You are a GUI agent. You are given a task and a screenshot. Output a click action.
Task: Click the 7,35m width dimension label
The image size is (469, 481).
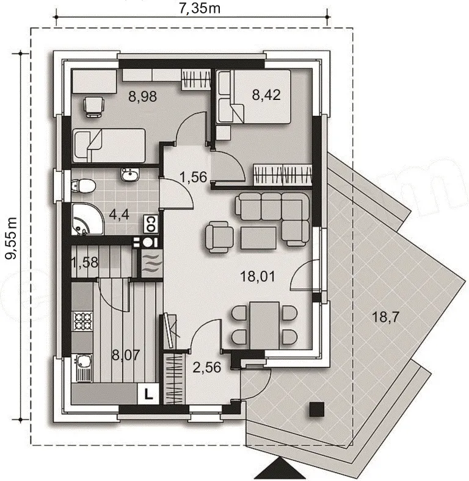[200, 8]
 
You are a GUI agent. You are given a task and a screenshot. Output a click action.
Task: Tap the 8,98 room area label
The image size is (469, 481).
[143, 97]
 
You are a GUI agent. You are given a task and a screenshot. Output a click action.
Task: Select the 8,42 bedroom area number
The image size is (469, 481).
[266, 94]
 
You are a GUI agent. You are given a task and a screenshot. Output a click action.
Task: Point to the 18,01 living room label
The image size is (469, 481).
[258, 277]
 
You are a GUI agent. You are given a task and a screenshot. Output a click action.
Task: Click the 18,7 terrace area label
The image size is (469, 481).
[385, 316]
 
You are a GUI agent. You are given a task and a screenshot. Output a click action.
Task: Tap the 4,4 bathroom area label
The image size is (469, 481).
[119, 215]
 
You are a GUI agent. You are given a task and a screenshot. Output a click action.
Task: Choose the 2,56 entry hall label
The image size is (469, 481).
[207, 367]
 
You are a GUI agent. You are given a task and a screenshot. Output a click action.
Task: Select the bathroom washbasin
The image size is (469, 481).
[130, 175]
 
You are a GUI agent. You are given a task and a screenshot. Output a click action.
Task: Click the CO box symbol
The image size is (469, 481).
[151, 224]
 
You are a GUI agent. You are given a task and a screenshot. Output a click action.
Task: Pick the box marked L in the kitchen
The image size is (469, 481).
[148, 394]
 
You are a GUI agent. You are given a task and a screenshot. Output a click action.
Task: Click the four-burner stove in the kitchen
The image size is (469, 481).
[82, 321]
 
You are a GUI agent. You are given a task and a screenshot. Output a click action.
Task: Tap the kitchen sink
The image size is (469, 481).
[82, 368]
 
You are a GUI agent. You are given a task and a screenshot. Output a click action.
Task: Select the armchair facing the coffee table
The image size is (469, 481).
[219, 237]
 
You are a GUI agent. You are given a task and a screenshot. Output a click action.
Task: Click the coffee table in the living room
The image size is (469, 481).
[258, 238]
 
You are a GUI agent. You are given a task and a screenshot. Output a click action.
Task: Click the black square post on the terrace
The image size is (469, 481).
[317, 409]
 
